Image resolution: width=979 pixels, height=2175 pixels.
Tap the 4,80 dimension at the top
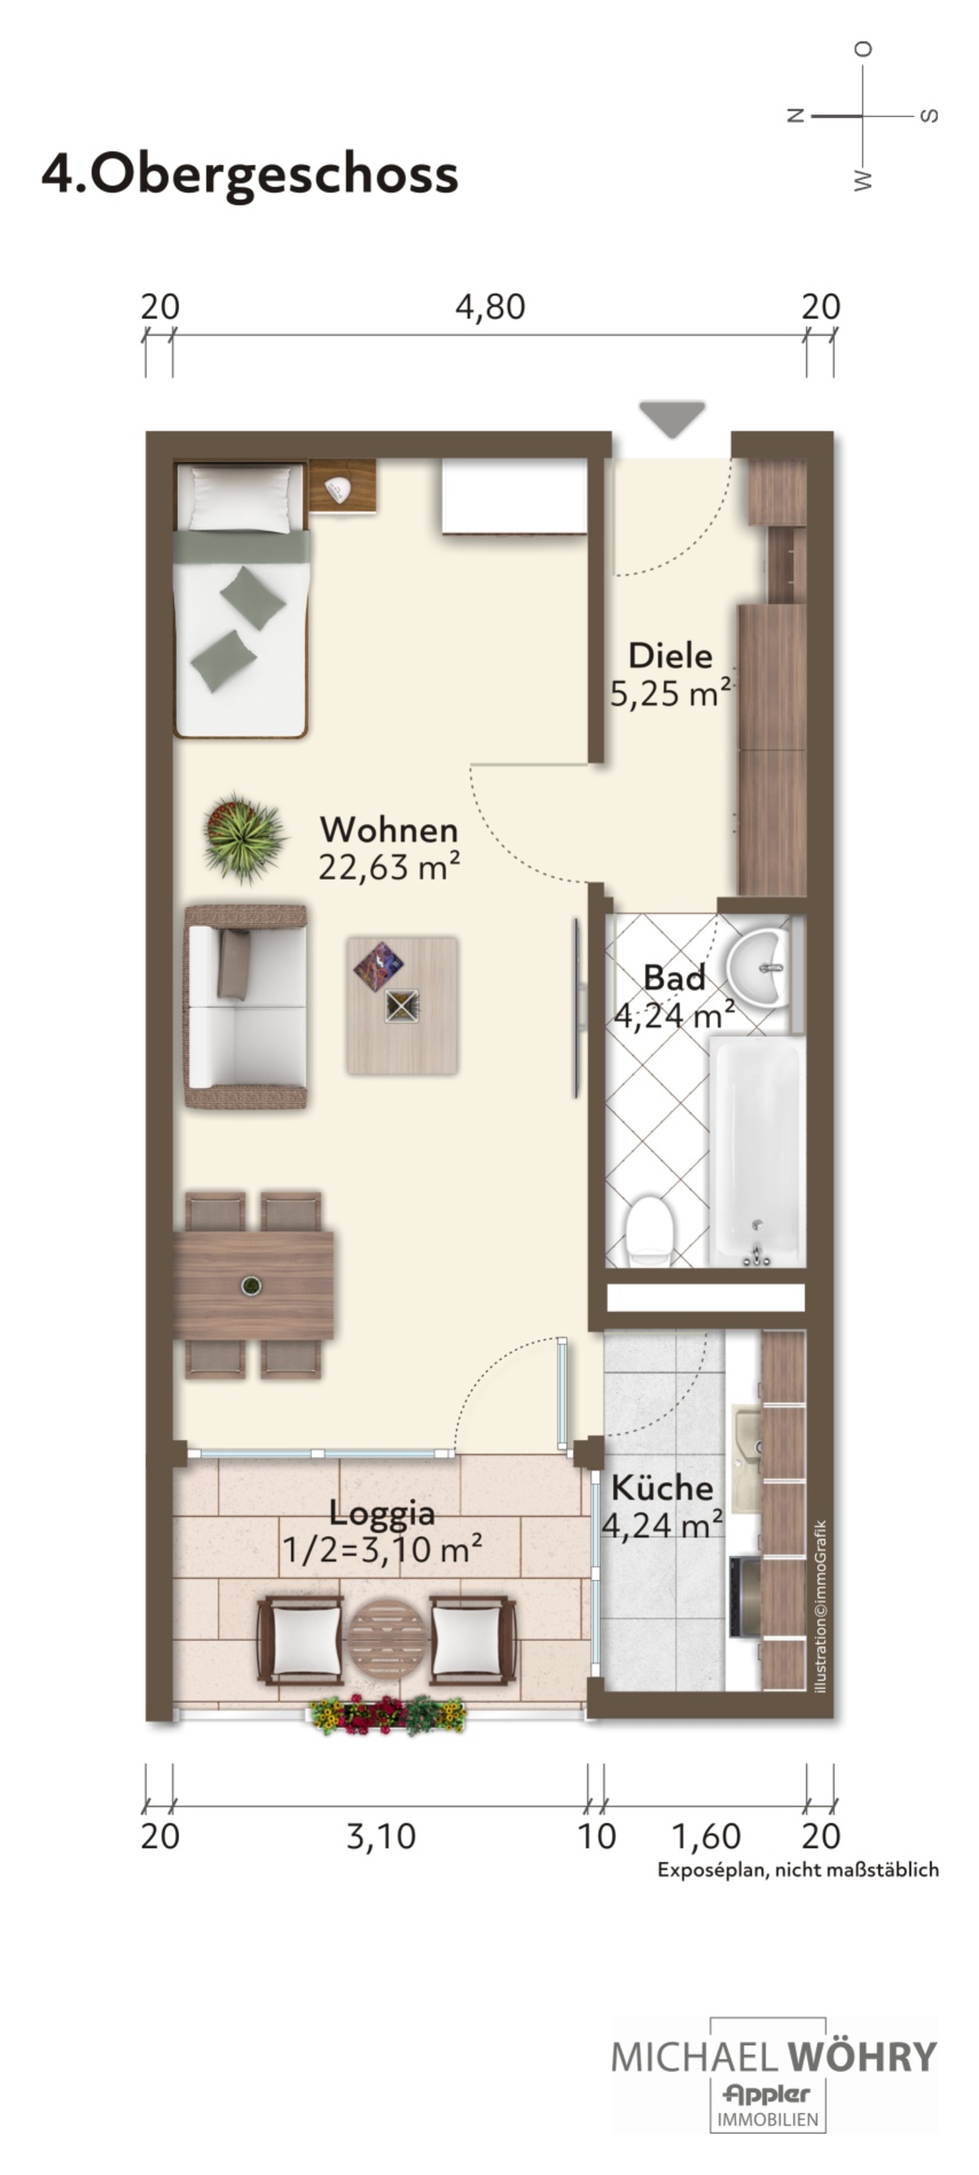tap(490, 306)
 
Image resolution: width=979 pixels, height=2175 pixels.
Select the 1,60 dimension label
tap(705, 1836)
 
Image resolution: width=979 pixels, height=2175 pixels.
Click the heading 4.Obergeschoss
tap(250, 174)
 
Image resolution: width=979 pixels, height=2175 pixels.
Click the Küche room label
tap(662, 1487)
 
